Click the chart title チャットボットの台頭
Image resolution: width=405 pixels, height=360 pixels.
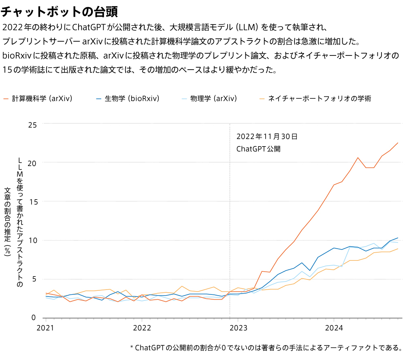click(59, 12)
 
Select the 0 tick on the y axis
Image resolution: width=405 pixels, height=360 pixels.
click(34, 317)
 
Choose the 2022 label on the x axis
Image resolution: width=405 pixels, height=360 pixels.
click(142, 327)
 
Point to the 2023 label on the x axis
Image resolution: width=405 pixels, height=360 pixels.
click(238, 327)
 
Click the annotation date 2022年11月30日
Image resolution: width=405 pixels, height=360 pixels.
click(267, 136)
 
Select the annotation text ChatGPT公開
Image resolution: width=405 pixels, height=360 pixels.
click(258, 149)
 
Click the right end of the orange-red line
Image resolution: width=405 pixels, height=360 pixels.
click(398, 143)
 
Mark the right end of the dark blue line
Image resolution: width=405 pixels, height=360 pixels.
click(398, 238)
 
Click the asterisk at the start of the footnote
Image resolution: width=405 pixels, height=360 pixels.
click(132, 348)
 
